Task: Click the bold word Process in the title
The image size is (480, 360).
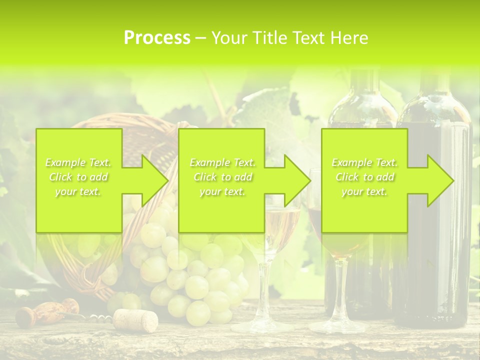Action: (x=157, y=38)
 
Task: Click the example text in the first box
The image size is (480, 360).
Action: (x=78, y=177)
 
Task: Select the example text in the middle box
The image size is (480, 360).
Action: (x=222, y=177)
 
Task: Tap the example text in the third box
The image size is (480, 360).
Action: (x=364, y=177)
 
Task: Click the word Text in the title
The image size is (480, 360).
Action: (x=309, y=38)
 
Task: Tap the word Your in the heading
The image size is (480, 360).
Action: (x=229, y=38)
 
